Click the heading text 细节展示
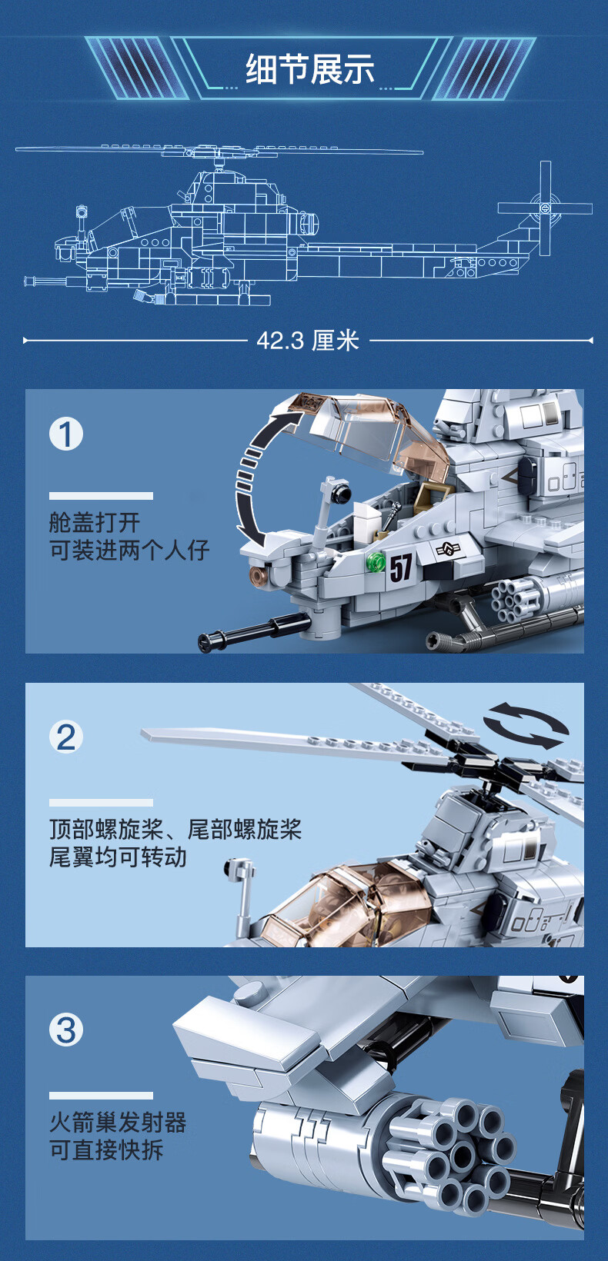point(310,70)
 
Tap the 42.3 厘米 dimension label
point(308,341)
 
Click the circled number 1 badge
point(66,434)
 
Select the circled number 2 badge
point(66,737)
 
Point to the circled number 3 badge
point(66,1030)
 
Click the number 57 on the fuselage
point(401,567)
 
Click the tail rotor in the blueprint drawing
point(545,208)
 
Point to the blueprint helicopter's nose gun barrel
point(48,281)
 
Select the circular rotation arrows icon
point(526,725)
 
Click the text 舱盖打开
point(95,522)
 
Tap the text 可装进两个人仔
point(129,550)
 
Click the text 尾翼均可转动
point(118,857)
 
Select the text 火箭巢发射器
point(118,1122)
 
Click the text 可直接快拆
point(106,1150)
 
